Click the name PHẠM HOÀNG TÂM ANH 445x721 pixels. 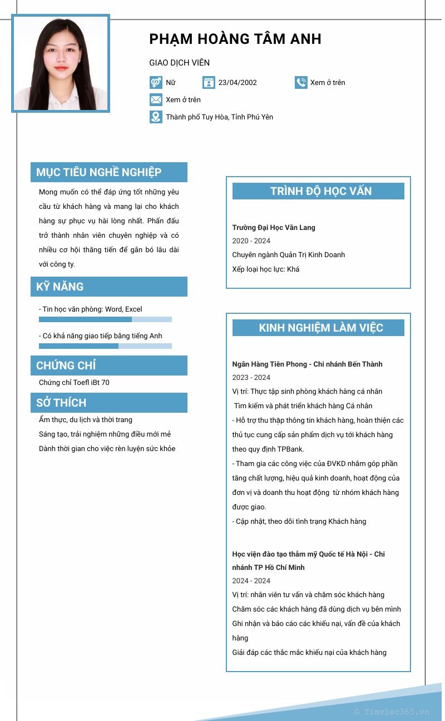point(235,39)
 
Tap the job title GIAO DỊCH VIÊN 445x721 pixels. point(179,63)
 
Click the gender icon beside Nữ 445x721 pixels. point(156,83)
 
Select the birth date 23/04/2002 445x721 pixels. point(238,83)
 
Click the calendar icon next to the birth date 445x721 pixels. point(209,83)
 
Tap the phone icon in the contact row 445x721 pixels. point(301,83)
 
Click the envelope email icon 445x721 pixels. point(156,100)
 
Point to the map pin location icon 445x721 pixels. point(156,117)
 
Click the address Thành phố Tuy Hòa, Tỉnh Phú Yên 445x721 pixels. point(219,117)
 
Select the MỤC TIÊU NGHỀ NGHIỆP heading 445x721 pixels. point(99,172)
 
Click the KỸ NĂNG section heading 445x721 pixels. point(60,287)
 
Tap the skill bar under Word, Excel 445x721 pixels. point(105,319)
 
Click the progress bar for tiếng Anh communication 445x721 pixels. point(105,346)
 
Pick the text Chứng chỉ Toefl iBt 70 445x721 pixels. point(74,383)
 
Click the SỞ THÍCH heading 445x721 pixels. point(61,403)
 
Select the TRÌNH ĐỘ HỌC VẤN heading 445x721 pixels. point(321,191)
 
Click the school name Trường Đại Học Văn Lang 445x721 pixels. point(274,228)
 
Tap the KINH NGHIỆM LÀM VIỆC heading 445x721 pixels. point(321,328)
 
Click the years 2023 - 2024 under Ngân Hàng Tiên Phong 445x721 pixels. point(251,378)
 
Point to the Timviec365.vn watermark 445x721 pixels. point(392,712)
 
